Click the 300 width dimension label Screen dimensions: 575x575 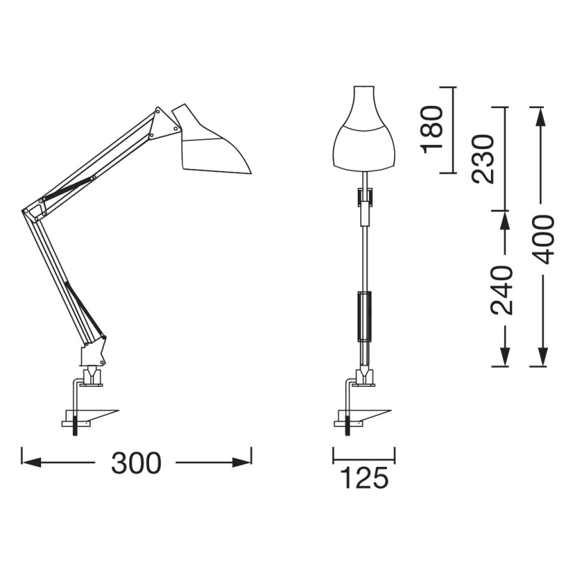(x=136, y=463)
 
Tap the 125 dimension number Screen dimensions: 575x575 (x=364, y=478)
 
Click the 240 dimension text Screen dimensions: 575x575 (x=501, y=289)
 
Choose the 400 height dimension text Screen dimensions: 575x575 (x=545, y=239)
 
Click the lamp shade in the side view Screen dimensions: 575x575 (x=212, y=146)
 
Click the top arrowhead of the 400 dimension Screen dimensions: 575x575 (x=542, y=116)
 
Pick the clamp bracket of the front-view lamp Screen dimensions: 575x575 (x=350, y=404)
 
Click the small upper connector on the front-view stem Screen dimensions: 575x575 (x=364, y=197)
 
